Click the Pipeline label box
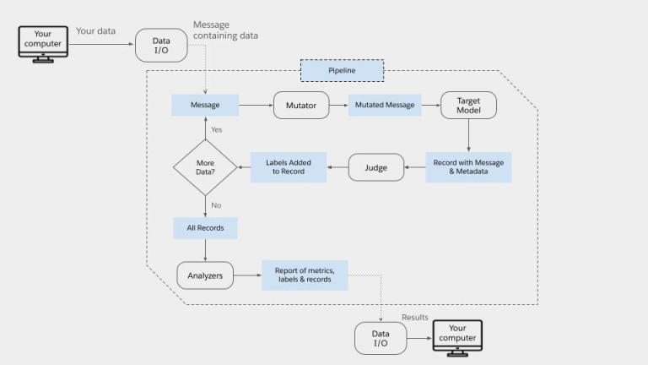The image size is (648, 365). coord(342,70)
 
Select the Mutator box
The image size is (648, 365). coord(301,106)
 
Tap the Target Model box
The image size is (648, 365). coord(468,106)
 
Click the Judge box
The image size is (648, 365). coord(376,167)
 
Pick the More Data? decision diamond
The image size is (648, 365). coord(205,167)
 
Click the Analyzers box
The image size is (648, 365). coord(205,275)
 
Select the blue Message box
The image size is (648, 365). coord(205,106)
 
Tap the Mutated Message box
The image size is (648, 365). coord(385,106)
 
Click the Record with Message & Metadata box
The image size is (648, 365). coord(468,167)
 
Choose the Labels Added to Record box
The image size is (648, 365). coord(289,167)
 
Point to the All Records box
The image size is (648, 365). coord(205,228)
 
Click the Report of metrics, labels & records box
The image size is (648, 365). coord(305,275)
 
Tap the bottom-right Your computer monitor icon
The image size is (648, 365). coord(456,335)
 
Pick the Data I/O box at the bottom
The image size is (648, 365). coord(381,338)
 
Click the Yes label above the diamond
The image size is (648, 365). coord(217,129)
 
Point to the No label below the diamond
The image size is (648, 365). coord(216,205)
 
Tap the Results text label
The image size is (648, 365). coord(414,318)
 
